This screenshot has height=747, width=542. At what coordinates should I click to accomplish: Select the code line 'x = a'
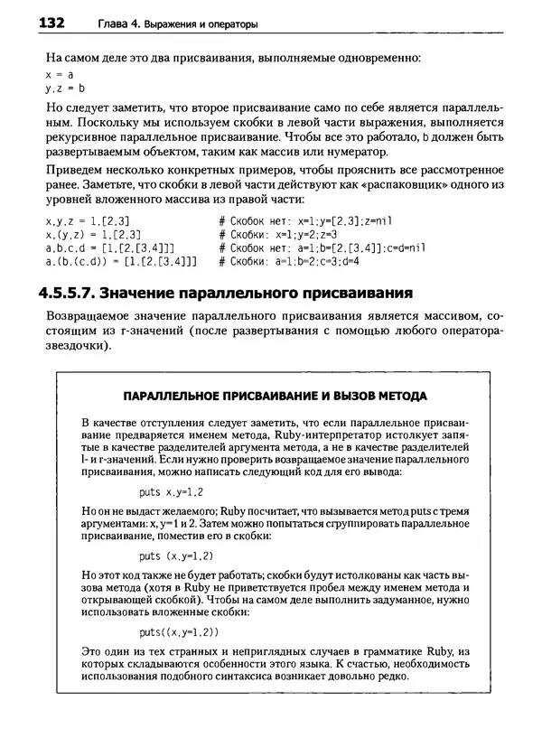pos(60,75)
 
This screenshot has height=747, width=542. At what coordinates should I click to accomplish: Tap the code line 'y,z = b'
pos(63,89)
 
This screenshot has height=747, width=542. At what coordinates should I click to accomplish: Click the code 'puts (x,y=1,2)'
pos(177,556)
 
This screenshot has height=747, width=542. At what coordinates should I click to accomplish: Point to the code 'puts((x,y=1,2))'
pos(179,631)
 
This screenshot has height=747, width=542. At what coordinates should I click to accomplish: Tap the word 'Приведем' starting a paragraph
pos(71,172)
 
